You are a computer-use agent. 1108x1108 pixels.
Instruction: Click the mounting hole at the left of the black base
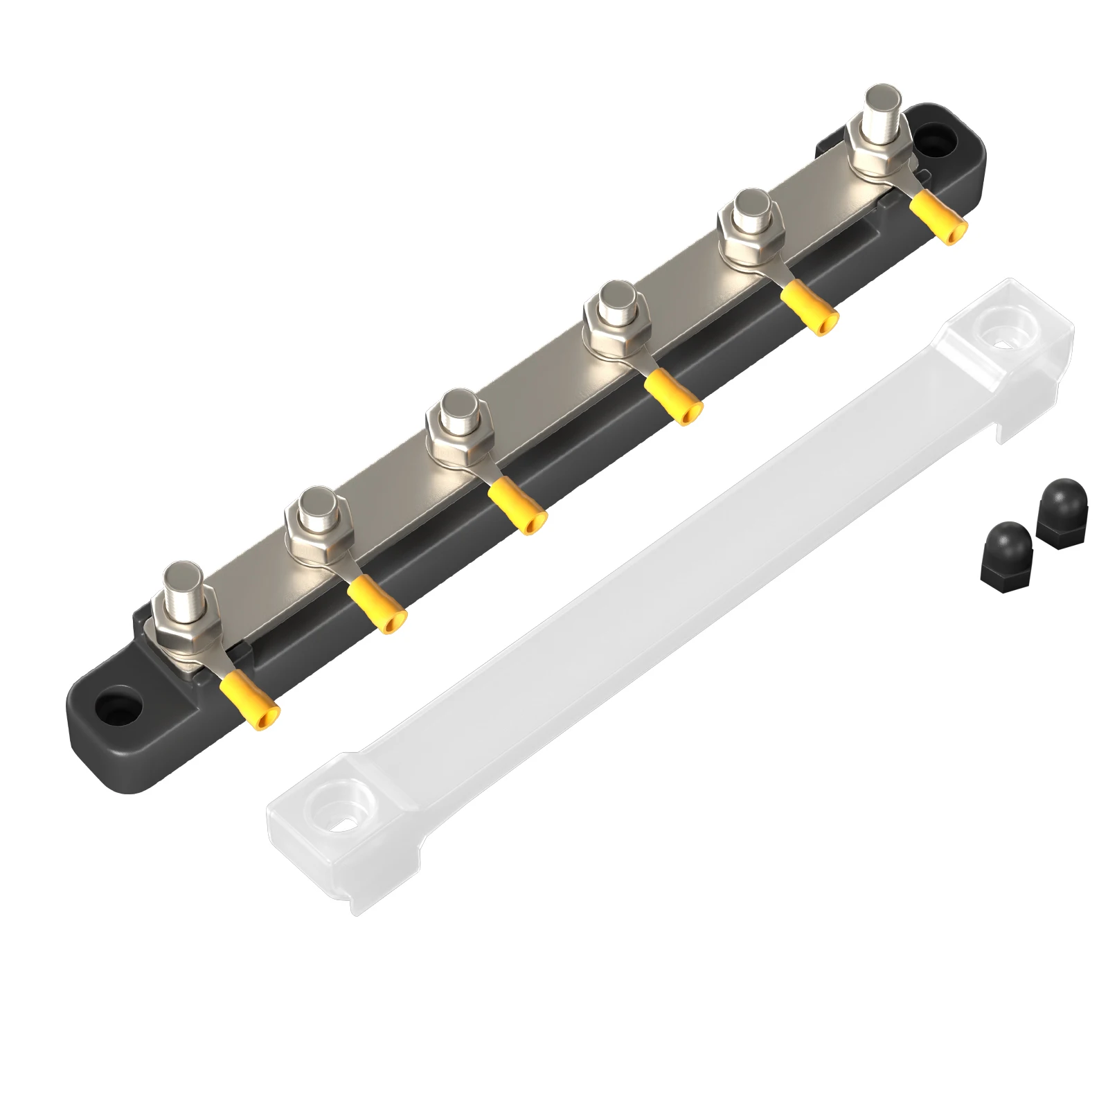[x=118, y=708]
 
